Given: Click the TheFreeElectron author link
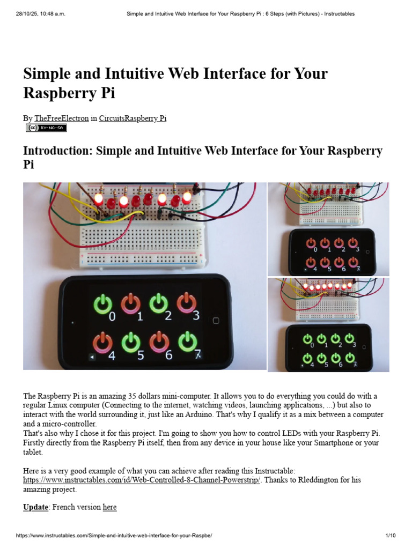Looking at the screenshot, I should (x=62, y=118).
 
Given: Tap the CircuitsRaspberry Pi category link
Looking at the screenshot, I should (x=133, y=118).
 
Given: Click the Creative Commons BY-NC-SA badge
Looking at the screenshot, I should (x=46, y=128).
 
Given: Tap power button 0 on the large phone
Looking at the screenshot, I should (x=102, y=304).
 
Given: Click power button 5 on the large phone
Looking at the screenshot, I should (x=130, y=343).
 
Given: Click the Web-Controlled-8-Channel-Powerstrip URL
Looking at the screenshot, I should (x=142, y=480).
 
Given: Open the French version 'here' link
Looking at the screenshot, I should (x=109, y=507).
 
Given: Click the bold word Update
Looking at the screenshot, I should (x=35, y=507).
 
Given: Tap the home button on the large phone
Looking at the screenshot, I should (x=216, y=321).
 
